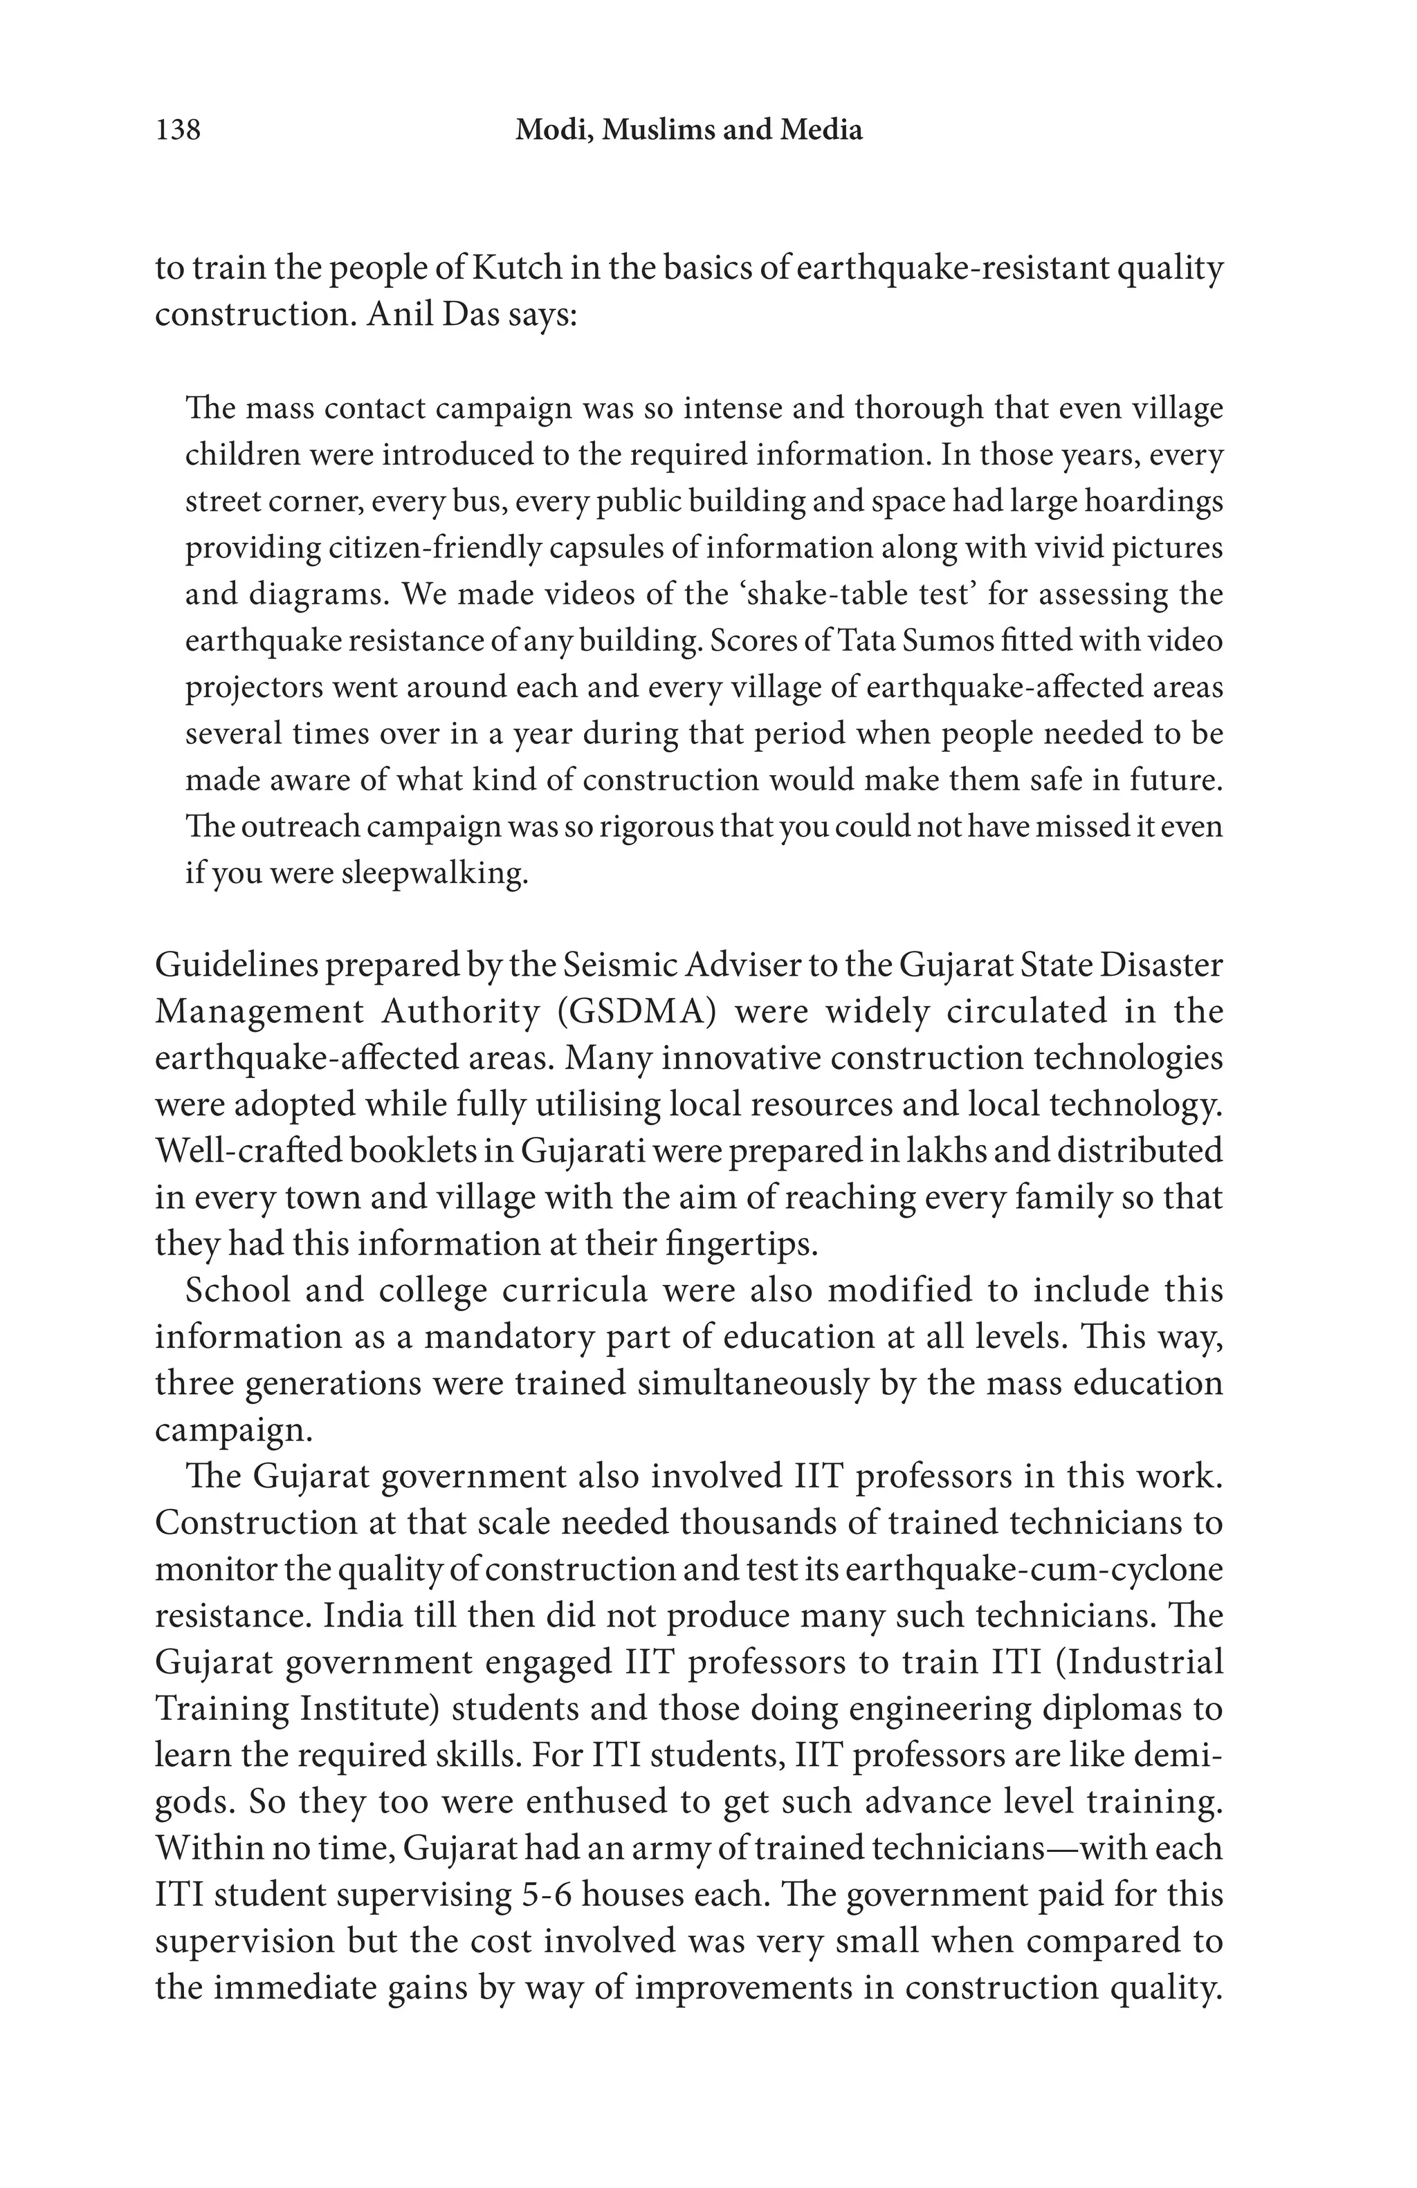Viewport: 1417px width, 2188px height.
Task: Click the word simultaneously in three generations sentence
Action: [741, 1384]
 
